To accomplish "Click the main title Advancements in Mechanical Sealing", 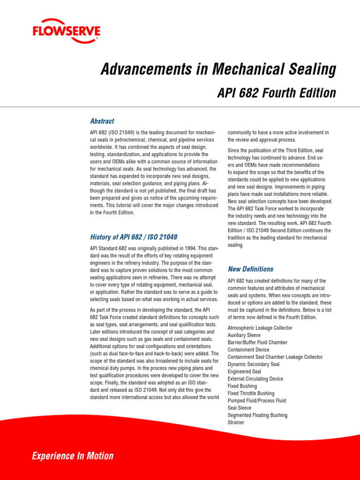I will point(218,70).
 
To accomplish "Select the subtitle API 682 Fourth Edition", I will point(277,93).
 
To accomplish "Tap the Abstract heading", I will point(102,121).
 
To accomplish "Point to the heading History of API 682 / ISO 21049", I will point(134,237).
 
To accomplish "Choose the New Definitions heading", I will point(250,269).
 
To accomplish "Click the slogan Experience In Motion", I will point(72,456).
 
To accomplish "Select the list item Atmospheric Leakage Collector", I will point(260,328).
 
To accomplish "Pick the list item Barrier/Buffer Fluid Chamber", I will point(257,343).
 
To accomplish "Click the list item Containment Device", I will point(248,350).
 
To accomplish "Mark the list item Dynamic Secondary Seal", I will point(253,365).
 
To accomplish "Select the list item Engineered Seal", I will point(244,372).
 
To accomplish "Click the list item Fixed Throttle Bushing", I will point(251,393).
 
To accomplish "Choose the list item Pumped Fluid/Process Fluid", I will point(256,401).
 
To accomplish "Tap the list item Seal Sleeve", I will point(240,408).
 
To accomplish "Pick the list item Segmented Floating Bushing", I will point(257,415).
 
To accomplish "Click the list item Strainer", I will point(236,422).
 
